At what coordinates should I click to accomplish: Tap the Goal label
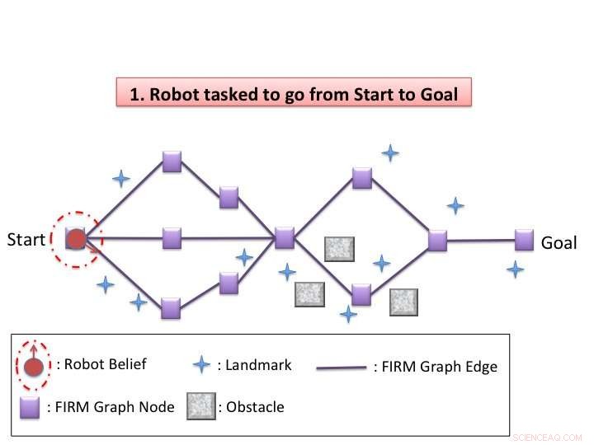(x=559, y=243)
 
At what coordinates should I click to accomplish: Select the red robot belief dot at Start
(x=76, y=240)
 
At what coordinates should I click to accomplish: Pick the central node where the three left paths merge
(x=285, y=238)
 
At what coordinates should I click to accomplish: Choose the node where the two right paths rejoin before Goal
(x=437, y=241)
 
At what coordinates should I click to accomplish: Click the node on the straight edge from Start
(x=172, y=238)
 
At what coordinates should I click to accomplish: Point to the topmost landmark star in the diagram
(x=390, y=152)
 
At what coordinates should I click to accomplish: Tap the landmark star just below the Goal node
(x=515, y=269)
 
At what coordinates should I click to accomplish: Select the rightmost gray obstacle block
(x=404, y=302)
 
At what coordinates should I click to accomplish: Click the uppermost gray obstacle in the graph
(x=339, y=249)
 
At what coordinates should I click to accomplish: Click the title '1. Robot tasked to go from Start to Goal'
(x=293, y=94)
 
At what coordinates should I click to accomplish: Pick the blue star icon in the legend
(x=202, y=365)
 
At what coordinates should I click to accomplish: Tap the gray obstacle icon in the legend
(x=200, y=407)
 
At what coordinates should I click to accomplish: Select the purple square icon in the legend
(x=32, y=407)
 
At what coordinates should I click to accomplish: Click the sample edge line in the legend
(x=342, y=368)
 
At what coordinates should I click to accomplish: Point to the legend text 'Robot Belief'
(x=101, y=364)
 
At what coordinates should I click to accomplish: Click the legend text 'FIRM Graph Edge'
(x=436, y=367)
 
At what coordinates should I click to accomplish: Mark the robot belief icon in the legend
(x=33, y=363)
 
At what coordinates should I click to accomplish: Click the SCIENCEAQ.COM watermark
(x=546, y=437)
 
